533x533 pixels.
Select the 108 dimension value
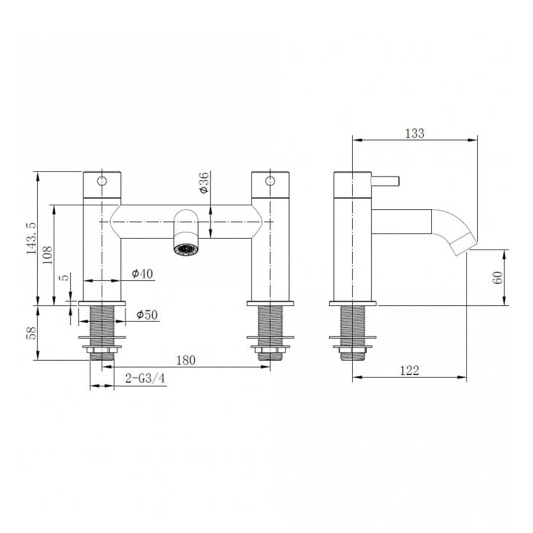tap(47, 255)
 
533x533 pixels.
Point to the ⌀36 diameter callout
tap(204, 183)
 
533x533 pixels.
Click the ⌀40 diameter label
tap(142, 274)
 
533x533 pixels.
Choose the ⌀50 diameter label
tap(147, 315)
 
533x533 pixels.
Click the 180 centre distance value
tap(186, 360)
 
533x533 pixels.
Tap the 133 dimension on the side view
tap(415, 134)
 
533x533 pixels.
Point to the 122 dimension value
tap(409, 370)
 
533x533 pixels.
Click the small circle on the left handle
tap(102, 181)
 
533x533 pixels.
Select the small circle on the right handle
tap(270, 181)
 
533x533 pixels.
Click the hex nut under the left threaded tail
tap(102, 350)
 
